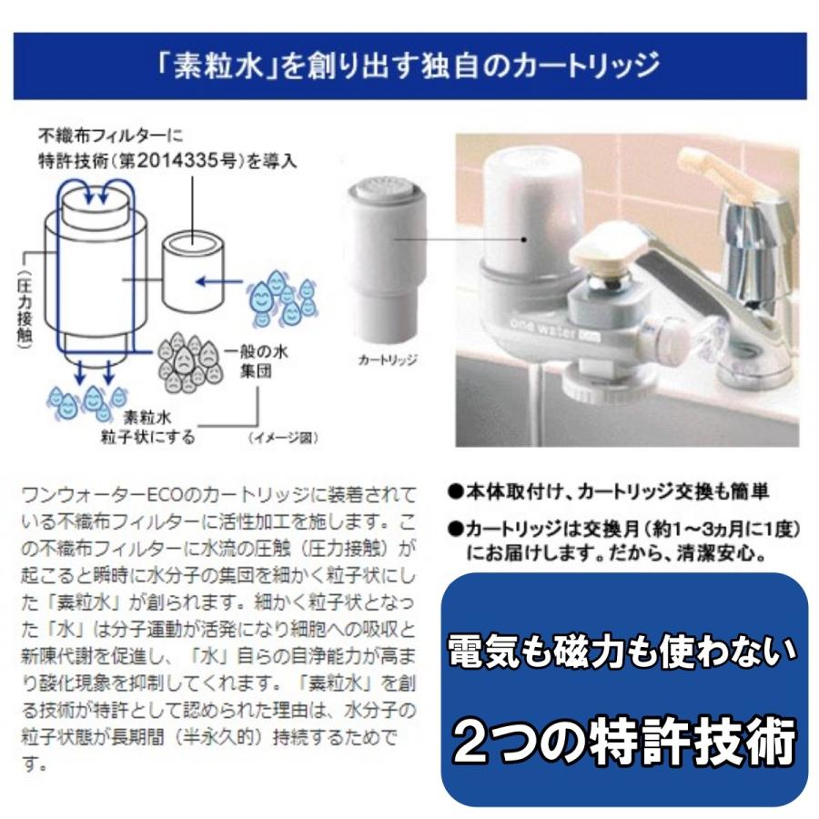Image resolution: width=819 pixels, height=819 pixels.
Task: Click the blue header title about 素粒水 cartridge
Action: point(409,66)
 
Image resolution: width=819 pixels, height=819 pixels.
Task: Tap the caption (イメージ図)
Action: point(283,438)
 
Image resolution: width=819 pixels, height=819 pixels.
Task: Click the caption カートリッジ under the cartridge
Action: point(387,359)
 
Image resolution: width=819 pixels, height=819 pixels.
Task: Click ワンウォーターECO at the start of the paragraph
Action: point(90,495)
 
